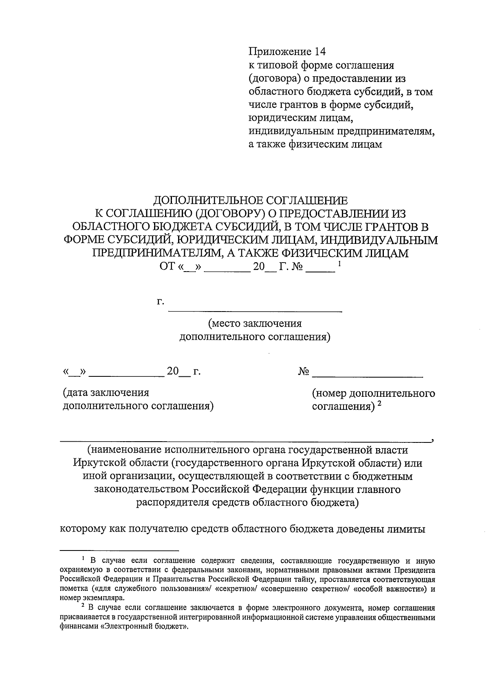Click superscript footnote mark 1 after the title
pos(339,264)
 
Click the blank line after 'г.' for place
pos(256,311)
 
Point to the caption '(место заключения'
pos(255,324)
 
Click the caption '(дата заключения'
pos(106,393)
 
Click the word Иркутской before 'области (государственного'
pos(97,463)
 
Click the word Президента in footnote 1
pos(417,570)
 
